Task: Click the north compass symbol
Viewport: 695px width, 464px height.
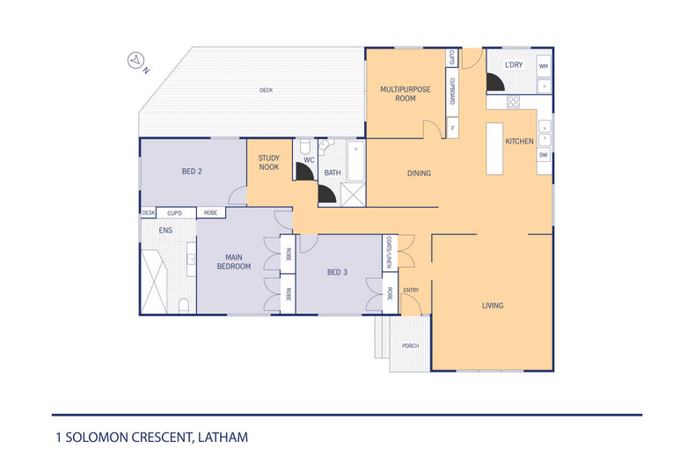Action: [x=137, y=61]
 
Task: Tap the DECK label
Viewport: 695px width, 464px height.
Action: [x=266, y=90]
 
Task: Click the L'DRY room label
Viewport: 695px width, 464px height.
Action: [x=514, y=65]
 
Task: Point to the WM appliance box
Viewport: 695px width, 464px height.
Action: [x=544, y=66]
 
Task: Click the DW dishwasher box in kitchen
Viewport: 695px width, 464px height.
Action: [x=544, y=155]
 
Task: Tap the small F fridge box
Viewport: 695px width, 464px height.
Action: [x=452, y=129]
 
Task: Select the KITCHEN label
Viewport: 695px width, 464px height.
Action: [x=519, y=141]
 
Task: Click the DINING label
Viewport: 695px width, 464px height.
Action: [x=419, y=173]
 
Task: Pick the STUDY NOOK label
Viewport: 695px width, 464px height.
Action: [x=268, y=162]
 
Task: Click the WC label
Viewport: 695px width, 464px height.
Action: [x=309, y=160]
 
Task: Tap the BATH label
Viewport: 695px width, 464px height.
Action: [x=333, y=173]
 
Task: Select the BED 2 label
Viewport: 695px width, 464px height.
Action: [x=193, y=171]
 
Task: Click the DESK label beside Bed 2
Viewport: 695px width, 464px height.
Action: [x=148, y=212]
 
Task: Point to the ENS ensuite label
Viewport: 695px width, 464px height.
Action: [x=165, y=231]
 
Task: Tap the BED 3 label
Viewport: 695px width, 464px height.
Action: [x=338, y=272]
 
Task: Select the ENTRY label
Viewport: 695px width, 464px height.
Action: [x=411, y=290]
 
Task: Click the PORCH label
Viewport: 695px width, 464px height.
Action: [x=411, y=345]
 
